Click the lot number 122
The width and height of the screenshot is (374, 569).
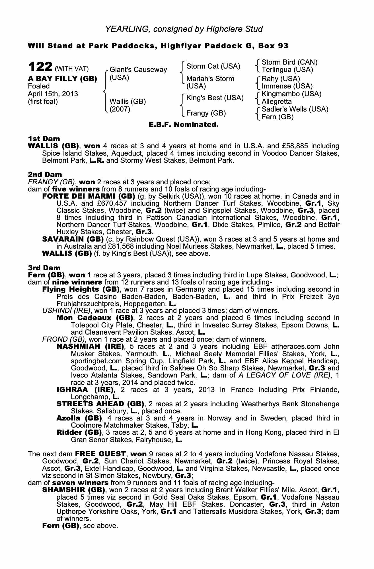tap(40, 67)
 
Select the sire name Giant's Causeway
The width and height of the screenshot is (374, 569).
tap(138, 70)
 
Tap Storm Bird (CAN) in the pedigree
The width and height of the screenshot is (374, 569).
tap(289, 62)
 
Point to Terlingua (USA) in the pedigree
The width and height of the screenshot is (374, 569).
tap(287, 70)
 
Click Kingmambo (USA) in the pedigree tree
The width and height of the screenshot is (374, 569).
tap(291, 94)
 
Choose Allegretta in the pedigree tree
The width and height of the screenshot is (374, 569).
tap(276, 102)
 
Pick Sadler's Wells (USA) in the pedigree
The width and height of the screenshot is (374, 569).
tap(295, 109)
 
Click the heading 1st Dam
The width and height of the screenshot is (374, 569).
tap(44, 139)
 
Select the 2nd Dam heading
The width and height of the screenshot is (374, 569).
tap(45, 175)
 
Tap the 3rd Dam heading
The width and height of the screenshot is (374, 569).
tap(44, 268)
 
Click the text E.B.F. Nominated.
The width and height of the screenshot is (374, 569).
tap(184, 125)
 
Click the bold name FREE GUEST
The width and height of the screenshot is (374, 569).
tap(100, 454)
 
